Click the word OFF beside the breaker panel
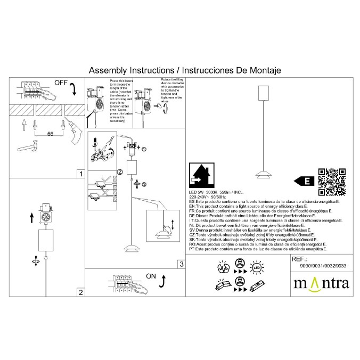pos(61,83)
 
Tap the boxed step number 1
pos(80,174)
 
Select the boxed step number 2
pos(80,292)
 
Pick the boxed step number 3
pos(181,264)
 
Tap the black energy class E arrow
pos(304,181)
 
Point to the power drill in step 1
pos(73,134)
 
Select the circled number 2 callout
pos(120,171)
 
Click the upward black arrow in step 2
pos(31,218)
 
